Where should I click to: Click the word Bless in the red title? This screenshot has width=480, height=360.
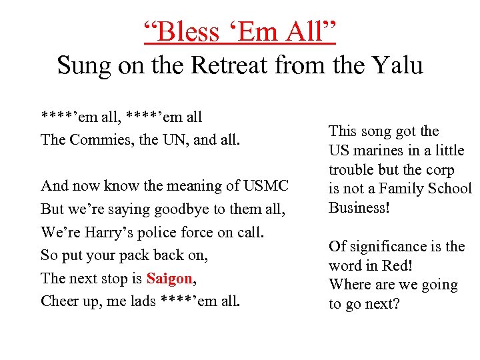click(188, 31)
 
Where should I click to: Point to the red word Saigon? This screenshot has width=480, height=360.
click(169, 278)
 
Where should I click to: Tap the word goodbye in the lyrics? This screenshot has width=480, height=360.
click(178, 209)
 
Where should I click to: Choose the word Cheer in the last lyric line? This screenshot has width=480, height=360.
click(57, 301)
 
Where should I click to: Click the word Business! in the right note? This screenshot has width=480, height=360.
click(359, 207)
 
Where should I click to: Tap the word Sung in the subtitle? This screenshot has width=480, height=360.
click(78, 66)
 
